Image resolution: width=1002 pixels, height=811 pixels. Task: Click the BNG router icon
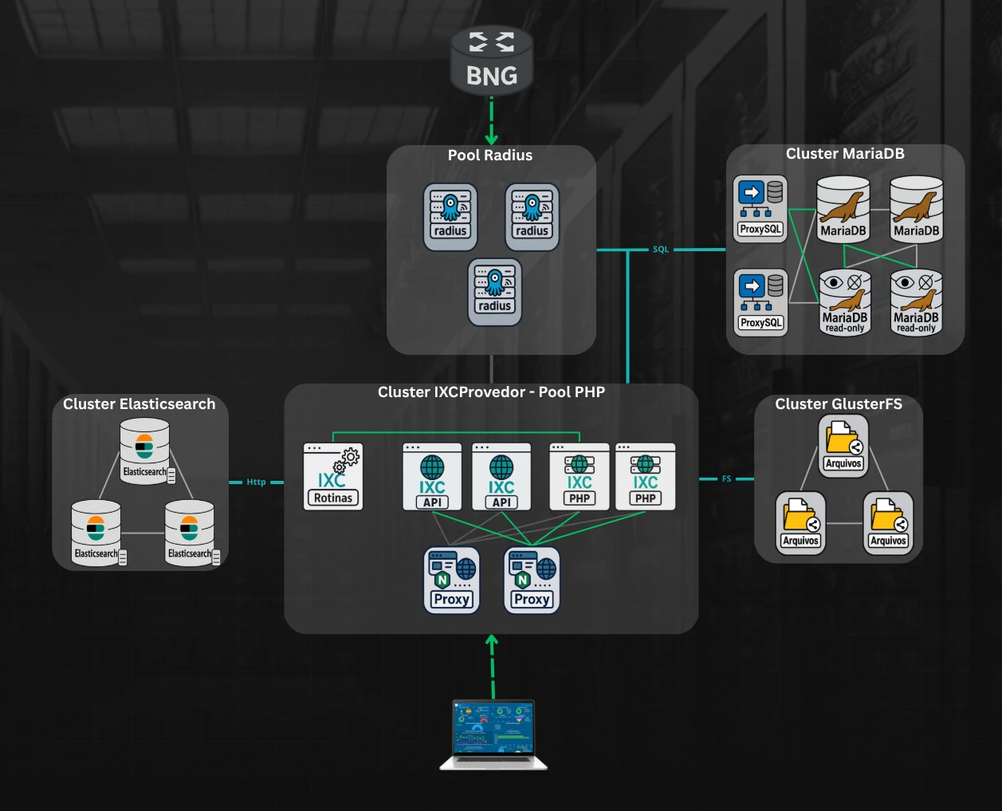point(491,59)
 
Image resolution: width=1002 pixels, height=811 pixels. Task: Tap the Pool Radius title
point(490,156)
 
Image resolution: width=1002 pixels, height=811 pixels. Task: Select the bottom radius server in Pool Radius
point(495,292)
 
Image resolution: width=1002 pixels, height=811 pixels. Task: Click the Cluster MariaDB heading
point(845,154)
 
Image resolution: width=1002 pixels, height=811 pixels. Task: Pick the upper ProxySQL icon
point(760,208)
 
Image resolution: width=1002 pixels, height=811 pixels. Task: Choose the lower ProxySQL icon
point(760,302)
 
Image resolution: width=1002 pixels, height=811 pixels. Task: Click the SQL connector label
point(661,250)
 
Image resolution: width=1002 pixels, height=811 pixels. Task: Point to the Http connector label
point(256,482)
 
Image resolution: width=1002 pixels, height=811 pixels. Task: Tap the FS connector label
point(726,479)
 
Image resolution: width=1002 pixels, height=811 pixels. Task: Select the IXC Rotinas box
point(333,477)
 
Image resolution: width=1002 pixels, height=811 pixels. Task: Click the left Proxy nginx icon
point(451,581)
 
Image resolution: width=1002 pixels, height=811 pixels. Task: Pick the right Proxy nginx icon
point(532,581)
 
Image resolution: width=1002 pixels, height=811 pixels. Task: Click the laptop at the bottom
point(493,734)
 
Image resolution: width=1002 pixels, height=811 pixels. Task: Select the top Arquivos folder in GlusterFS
point(843,446)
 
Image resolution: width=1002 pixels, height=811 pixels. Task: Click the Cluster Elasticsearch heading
point(139,404)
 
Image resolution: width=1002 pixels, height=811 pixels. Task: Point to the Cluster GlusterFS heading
point(839,404)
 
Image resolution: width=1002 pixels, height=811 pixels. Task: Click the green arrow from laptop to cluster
point(493,667)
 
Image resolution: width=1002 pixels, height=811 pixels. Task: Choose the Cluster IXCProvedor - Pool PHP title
point(491,392)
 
